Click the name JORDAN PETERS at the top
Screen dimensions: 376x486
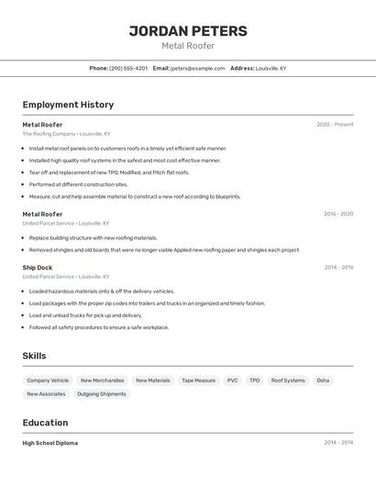pyautogui.click(x=188, y=30)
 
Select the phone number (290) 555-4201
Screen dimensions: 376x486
pyautogui.click(x=128, y=68)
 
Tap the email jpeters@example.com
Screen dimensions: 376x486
pyautogui.click(x=197, y=68)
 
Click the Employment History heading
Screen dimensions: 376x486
pyautogui.click(x=68, y=105)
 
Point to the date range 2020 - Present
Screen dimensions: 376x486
pyautogui.click(x=335, y=125)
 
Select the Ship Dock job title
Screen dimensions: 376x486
pyautogui.click(x=38, y=268)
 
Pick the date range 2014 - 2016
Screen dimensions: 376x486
pyautogui.click(x=338, y=268)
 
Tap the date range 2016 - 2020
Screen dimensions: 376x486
pyautogui.click(x=338, y=215)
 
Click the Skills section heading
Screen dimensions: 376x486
pyautogui.click(x=34, y=356)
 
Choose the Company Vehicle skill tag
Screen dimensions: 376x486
pyautogui.click(x=48, y=381)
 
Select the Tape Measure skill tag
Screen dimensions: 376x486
pyautogui.click(x=198, y=381)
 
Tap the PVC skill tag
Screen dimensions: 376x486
pyautogui.click(x=232, y=381)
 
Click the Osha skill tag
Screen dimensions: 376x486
pyautogui.click(x=323, y=381)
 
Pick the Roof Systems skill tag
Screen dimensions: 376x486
pyautogui.click(x=288, y=381)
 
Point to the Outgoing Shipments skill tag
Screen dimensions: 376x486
pyautogui.click(x=101, y=394)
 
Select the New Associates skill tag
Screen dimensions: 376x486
pyautogui.click(x=46, y=394)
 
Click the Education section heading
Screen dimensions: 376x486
pyautogui.click(x=45, y=423)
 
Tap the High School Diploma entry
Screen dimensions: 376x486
pyautogui.click(x=50, y=443)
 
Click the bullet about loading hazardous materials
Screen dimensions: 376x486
pyautogui.click(x=101, y=292)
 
